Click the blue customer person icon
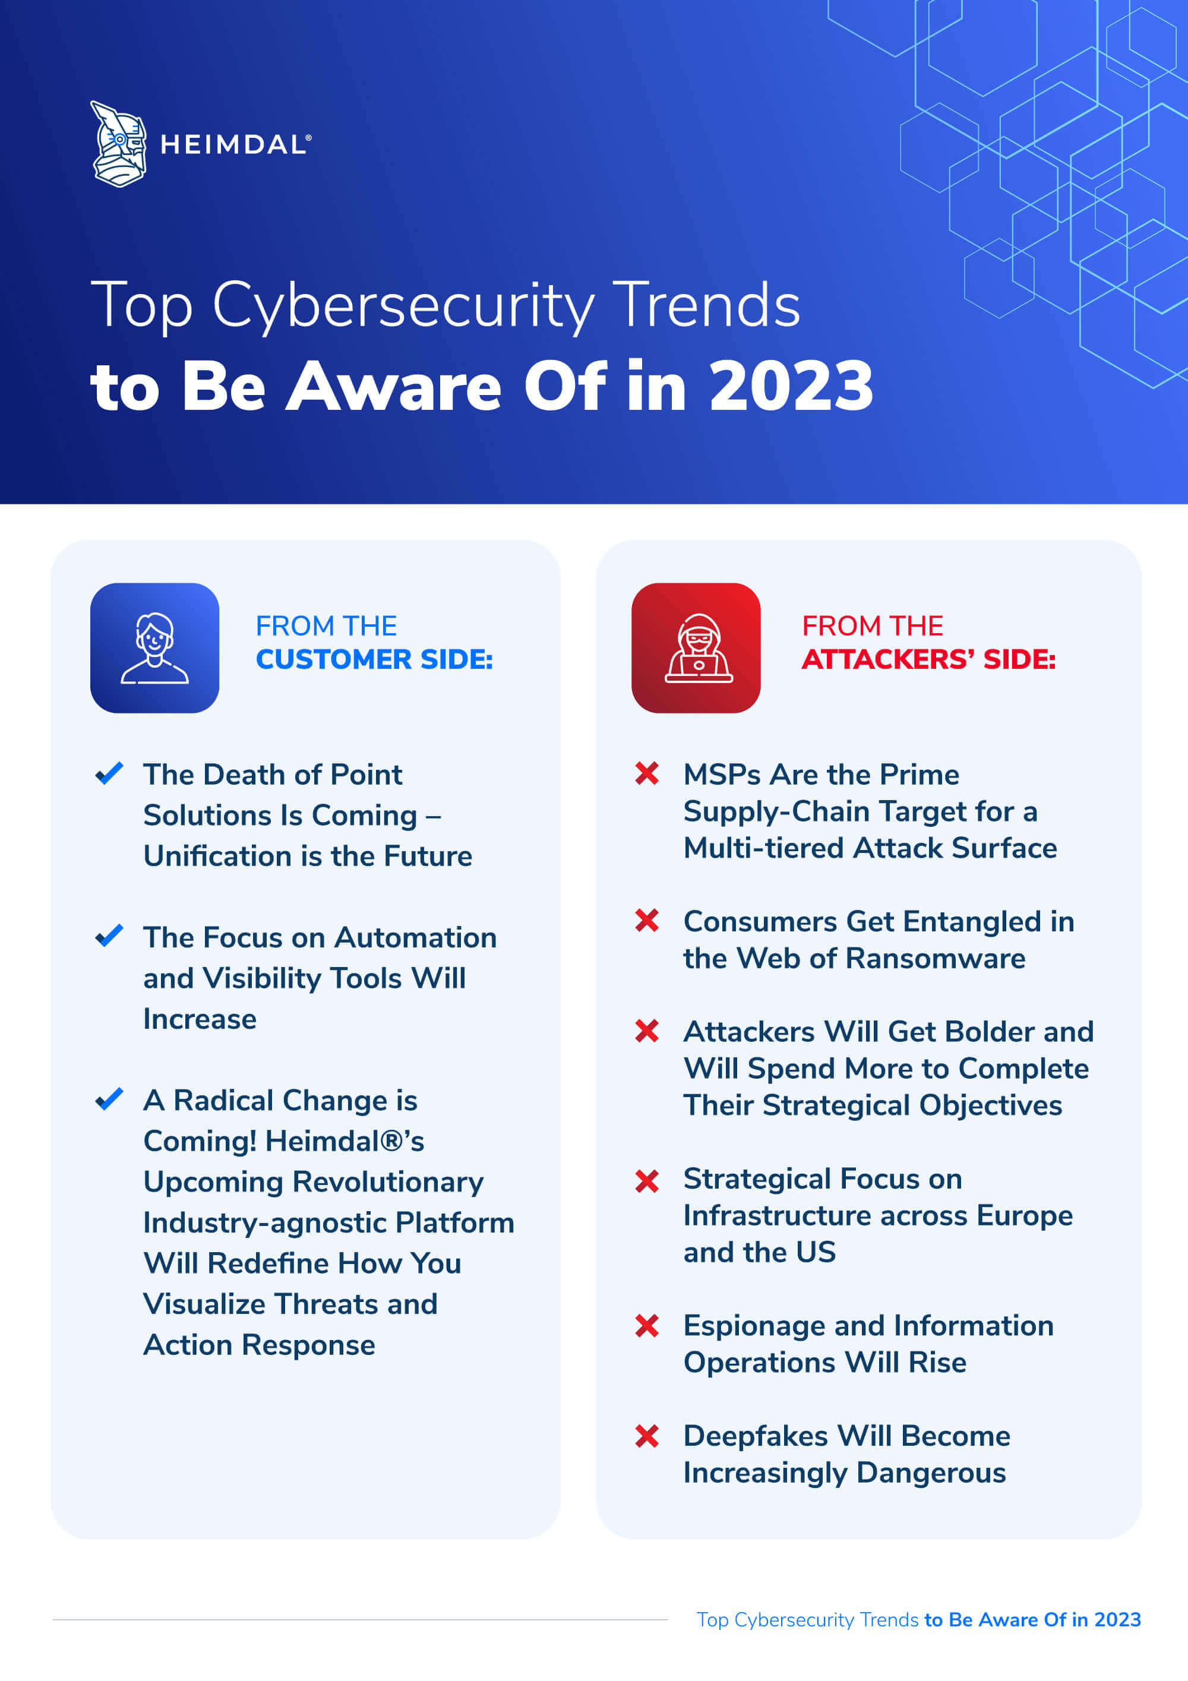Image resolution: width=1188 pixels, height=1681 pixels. pyautogui.click(x=154, y=648)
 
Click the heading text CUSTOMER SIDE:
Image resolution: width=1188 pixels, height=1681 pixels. pyautogui.click(x=374, y=660)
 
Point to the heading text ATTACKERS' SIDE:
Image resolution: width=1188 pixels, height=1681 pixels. pyautogui.click(x=928, y=660)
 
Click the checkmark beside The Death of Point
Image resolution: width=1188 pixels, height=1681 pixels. pyautogui.click(x=109, y=773)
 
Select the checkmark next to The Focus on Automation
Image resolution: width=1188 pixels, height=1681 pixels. pyautogui.click(x=109, y=936)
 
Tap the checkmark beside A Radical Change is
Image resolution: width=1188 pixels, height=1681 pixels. pyautogui.click(x=109, y=1099)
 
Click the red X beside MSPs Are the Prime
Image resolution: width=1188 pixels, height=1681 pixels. pyautogui.click(x=647, y=773)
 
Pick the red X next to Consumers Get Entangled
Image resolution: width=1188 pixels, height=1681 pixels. pyautogui.click(x=647, y=920)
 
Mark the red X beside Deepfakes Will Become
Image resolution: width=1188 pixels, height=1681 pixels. pyautogui.click(x=647, y=1436)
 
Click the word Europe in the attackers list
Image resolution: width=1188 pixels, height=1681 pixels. pyautogui.click(x=1025, y=1216)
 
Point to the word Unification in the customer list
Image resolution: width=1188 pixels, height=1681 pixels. pyautogui.click(x=217, y=856)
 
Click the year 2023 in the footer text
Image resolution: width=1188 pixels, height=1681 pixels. pyautogui.click(x=1118, y=1619)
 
